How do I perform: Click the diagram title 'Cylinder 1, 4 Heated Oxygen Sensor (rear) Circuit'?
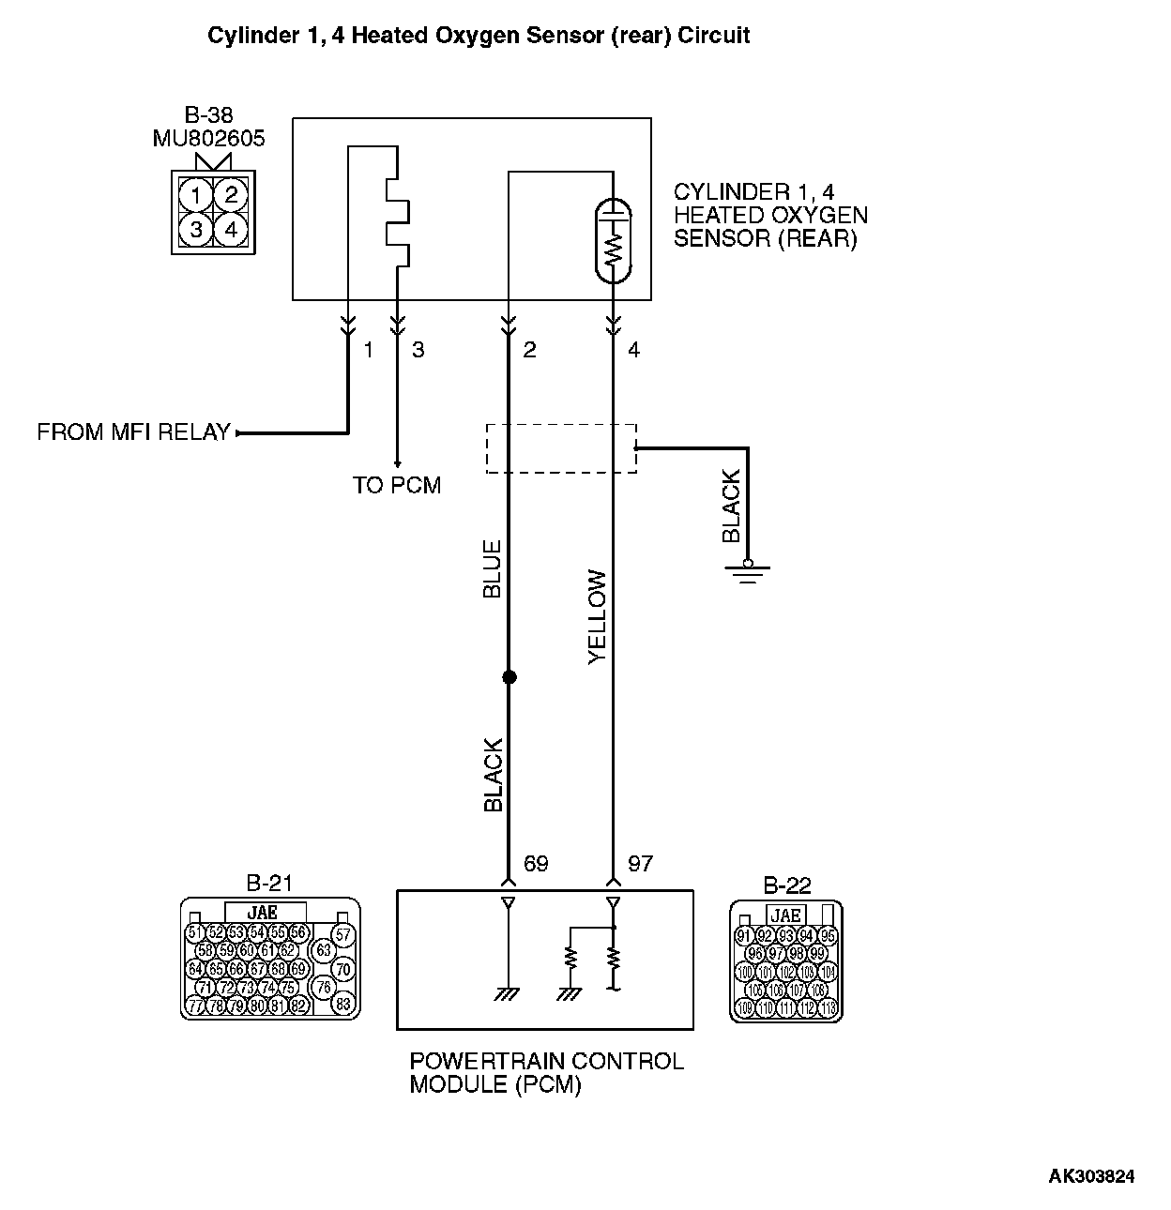click(479, 37)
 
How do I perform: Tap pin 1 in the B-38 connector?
click(196, 195)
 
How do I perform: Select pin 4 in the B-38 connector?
click(231, 229)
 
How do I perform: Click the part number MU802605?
click(208, 139)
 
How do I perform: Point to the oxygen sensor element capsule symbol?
click(614, 239)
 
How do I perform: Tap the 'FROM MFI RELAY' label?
click(133, 432)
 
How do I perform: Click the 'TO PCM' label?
click(397, 485)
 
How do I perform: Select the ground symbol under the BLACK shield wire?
click(748, 571)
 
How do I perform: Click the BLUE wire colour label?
click(492, 568)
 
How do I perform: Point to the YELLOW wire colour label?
click(598, 617)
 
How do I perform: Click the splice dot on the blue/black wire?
click(509, 676)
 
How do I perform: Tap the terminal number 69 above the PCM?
click(536, 863)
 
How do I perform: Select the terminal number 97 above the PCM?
click(640, 863)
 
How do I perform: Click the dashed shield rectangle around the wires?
click(561, 448)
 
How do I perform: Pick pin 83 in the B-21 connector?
click(343, 1004)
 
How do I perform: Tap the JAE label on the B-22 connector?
click(784, 915)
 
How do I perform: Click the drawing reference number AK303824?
click(1091, 1176)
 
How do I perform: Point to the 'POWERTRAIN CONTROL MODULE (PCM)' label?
click(546, 1073)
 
